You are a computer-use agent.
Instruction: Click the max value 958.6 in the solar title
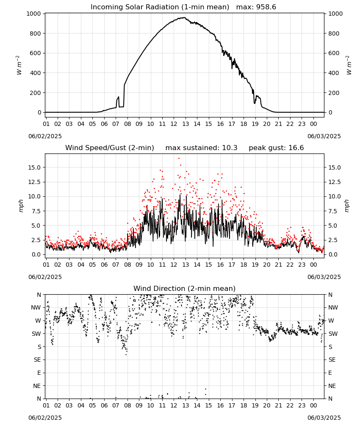pos(266,7)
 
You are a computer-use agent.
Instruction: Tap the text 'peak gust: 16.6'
pos(276,148)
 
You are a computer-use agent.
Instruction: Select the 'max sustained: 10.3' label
pos(202,148)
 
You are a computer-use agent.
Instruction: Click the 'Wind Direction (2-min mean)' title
pos(185,288)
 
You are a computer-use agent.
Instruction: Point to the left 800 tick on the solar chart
pos(36,33)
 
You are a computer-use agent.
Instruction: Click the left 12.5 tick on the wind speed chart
pos(34,182)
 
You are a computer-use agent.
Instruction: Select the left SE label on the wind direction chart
pos(37,360)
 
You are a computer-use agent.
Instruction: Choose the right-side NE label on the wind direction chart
pos(332,386)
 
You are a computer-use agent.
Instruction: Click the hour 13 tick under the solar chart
pos(185,124)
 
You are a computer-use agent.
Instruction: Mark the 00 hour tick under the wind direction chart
pos(313,405)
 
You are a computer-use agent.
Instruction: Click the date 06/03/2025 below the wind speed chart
pos(324,277)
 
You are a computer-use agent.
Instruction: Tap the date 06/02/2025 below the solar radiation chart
pos(45,136)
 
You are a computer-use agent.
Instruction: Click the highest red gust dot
pos(179,159)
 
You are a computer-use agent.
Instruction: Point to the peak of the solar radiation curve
pos(185,17)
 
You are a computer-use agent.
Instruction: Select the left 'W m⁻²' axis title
pos(19,65)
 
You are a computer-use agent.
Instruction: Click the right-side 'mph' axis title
pos(347,206)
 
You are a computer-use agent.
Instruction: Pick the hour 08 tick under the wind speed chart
pos(127,265)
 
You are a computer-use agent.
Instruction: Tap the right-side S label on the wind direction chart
pos(330,347)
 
